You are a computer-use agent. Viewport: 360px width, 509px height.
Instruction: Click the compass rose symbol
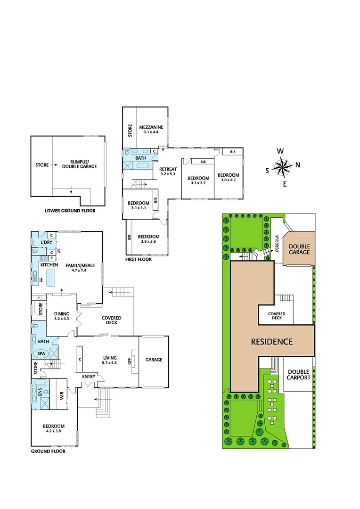[283, 167]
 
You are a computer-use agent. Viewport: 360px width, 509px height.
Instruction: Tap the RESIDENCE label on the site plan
[271, 342]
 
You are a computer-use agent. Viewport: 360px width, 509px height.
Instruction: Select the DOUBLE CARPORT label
[299, 375]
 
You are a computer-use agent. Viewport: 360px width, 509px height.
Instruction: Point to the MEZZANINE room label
[151, 127]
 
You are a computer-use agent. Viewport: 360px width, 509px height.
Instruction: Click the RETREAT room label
[167, 169]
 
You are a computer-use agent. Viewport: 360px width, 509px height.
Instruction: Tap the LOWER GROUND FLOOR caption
[70, 211]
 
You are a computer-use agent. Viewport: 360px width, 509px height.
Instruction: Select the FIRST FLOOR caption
[139, 259]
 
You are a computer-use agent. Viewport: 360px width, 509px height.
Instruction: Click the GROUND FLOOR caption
[48, 451]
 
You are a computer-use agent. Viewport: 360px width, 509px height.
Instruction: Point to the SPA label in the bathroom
[41, 353]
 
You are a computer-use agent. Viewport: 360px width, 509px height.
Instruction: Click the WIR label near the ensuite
[62, 396]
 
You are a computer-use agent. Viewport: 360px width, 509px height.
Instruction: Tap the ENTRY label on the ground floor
[89, 376]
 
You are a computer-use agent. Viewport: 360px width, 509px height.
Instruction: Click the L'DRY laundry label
[46, 242]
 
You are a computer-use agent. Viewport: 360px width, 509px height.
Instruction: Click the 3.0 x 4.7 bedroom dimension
[229, 180]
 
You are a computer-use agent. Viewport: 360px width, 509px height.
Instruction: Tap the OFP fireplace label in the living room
[130, 361]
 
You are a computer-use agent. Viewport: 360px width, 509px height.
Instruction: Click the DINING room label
[62, 314]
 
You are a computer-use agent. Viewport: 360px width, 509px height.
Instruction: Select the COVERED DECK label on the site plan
[277, 316]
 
